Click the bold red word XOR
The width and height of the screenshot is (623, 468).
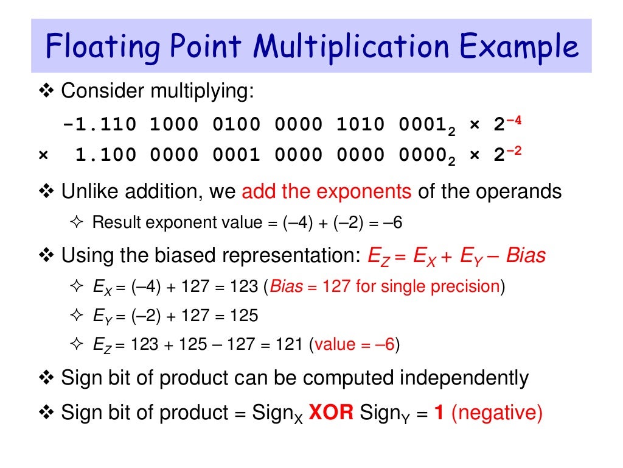pyautogui.click(x=332, y=413)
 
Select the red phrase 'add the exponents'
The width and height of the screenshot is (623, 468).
pyautogui.click(x=327, y=191)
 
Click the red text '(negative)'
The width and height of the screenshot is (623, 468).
pyautogui.click(x=496, y=413)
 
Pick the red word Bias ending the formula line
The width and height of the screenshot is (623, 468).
pyautogui.click(x=526, y=255)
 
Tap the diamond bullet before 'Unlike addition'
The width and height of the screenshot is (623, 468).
pyautogui.click(x=46, y=192)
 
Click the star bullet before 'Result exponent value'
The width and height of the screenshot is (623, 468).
pyautogui.click(x=76, y=222)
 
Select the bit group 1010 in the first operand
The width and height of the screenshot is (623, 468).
pyautogui.click(x=361, y=125)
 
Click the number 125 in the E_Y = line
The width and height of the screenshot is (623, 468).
pyautogui.click(x=244, y=316)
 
